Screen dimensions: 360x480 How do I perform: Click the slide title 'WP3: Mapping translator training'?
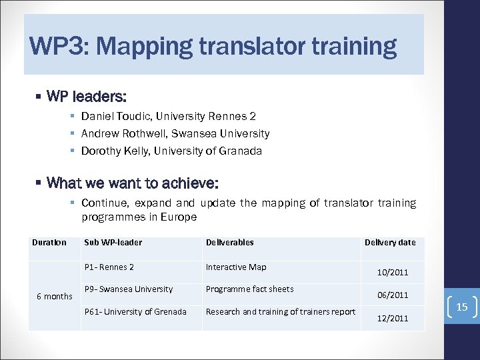(213, 47)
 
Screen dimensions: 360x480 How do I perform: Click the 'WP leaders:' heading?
(87, 97)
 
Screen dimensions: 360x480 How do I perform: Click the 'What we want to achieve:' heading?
(133, 182)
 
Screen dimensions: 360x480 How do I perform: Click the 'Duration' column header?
(49, 243)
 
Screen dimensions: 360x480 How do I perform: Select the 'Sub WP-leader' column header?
(113, 243)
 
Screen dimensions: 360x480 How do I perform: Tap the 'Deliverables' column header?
(230, 243)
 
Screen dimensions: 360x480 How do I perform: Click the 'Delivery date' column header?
(390, 243)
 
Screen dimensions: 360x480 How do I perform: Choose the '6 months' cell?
(54, 296)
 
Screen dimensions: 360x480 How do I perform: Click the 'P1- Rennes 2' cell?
(109, 267)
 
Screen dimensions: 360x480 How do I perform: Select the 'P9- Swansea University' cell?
(129, 289)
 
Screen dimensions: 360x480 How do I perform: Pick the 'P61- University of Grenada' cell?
(135, 311)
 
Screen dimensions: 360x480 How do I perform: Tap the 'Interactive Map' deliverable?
(236, 267)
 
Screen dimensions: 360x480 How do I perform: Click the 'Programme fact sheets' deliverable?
(249, 289)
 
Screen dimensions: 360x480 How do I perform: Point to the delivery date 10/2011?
(393, 273)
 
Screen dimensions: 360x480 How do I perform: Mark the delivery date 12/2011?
(393, 319)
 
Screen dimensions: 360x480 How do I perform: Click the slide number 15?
(462, 307)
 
